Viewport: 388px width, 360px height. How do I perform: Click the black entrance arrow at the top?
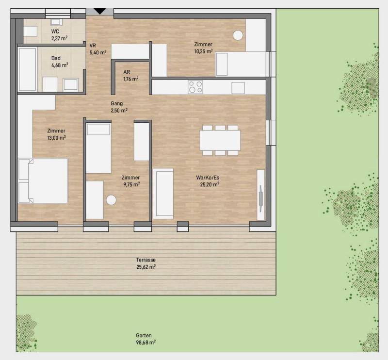(x=100, y=11)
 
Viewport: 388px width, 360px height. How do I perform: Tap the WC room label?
(x=55, y=32)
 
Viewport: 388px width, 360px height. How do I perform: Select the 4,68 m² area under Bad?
(x=60, y=65)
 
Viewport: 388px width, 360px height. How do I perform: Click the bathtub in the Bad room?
(x=27, y=69)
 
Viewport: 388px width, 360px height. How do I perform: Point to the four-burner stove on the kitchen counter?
(x=195, y=87)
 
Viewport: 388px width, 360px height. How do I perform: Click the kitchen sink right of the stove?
(x=238, y=88)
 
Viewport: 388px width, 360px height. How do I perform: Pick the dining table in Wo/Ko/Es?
(x=220, y=140)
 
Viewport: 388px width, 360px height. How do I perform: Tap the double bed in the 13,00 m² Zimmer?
(x=43, y=181)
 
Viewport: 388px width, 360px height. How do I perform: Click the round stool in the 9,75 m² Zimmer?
(x=111, y=200)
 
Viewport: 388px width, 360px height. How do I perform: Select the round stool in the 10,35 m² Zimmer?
(x=238, y=35)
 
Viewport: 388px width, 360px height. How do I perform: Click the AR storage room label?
(x=127, y=72)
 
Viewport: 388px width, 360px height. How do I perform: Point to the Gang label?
(x=116, y=103)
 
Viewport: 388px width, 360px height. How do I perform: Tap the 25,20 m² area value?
(x=210, y=184)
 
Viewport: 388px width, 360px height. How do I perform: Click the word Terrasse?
(x=146, y=260)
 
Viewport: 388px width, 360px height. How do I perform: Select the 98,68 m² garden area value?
(x=146, y=343)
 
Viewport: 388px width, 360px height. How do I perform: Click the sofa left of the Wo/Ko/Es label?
(x=163, y=194)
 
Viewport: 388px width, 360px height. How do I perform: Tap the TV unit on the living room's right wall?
(x=261, y=195)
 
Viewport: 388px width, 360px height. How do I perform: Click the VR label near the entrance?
(x=93, y=46)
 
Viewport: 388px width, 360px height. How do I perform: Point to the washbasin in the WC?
(x=56, y=22)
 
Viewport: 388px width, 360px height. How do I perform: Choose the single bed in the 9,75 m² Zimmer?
(x=98, y=148)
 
